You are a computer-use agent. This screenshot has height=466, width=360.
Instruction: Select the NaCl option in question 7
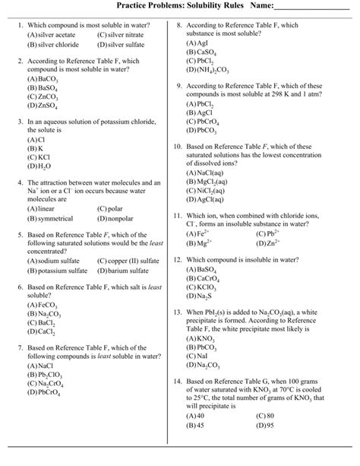pos(39,365)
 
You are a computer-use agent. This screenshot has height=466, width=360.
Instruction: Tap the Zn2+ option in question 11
pos(269,243)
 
